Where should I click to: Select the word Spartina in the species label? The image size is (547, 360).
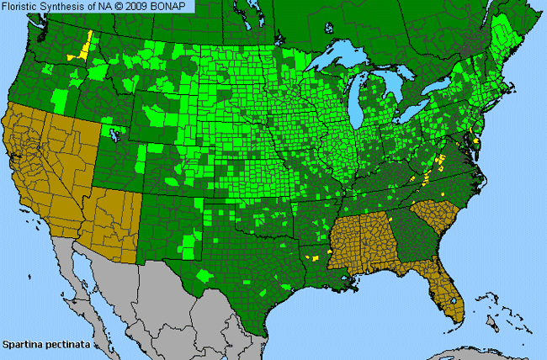point(21,345)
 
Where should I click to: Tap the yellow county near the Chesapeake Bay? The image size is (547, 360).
point(477,142)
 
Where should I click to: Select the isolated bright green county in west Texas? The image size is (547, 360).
point(204,275)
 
